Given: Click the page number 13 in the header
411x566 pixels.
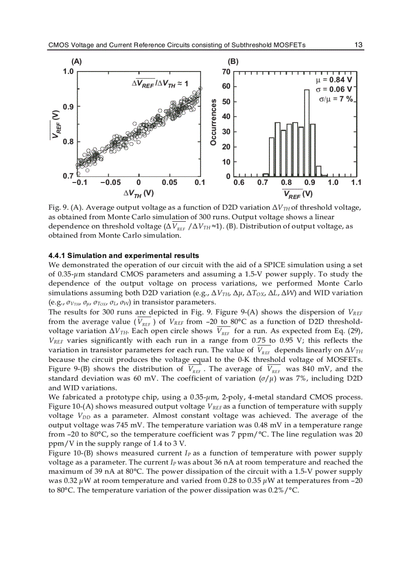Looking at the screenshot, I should pyautogui.click(x=358, y=45).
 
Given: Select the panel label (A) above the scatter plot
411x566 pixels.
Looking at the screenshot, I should pyautogui.click(x=77, y=61).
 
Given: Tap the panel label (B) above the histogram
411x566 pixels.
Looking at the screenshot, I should pyautogui.click(x=233, y=61).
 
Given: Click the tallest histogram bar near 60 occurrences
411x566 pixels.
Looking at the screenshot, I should pyautogui.click(x=307, y=133).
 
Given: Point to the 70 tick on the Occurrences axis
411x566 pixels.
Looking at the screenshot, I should pyautogui.click(x=227, y=72).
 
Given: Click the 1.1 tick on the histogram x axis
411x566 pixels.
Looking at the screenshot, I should pyautogui.click(x=356, y=183).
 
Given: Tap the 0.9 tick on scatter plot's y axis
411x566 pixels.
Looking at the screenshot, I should pyautogui.click(x=67, y=107).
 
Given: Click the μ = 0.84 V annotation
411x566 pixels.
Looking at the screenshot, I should pyautogui.click(x=332, y=80).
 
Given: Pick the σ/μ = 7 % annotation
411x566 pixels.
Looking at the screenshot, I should pyautogui.click(x=336, y=99).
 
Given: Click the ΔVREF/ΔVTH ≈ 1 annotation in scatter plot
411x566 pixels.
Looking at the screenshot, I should pyautogui.click(x=160, y=84).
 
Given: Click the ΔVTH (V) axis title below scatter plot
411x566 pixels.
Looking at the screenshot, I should pyautogui.click(x=139, y=193).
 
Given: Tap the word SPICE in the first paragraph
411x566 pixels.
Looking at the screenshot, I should pyautogui.click(x=250, y=265).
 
